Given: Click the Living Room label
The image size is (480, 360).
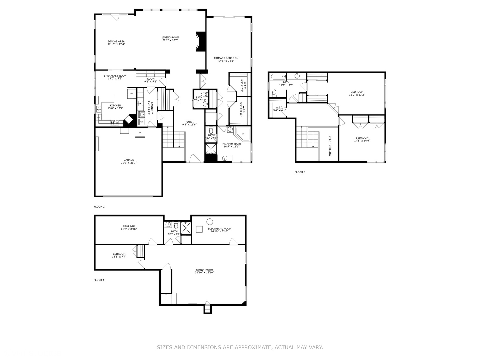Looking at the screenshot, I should click(x=170, y=38).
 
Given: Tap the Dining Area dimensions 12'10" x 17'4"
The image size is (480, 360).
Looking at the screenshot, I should click(x=116, y=44).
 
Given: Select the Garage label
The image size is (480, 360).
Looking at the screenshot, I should click(x=129, y=160).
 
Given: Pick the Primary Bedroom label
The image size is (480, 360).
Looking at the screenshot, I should click(x=226, y=58).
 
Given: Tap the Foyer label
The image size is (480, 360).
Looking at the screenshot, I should click(x=189, y=122).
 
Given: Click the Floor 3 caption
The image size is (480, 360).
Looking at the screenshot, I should click(x=300, y=172).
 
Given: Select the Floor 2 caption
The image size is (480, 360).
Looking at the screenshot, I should click(x=99, y=207).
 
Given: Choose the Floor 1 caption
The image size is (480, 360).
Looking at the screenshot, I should click(x=99, y=280).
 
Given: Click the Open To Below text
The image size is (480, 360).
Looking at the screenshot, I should click(x=330, y=146).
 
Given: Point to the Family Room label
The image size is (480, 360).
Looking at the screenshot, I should click(x=204, y=270).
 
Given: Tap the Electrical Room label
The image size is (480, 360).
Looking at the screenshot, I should click(x=219, y=229).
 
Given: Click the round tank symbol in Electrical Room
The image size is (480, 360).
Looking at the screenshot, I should click(x=210, y=221).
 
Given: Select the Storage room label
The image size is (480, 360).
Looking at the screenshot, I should click(x=129, y=226).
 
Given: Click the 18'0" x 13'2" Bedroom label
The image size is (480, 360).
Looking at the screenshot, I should click(x=357, y=92).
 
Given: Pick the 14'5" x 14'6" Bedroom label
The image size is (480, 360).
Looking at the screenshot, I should click(x=362, y=138).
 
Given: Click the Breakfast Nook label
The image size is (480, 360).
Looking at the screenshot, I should click(x=115, y=76).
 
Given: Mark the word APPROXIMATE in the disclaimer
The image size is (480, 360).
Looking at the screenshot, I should click(x=253, y=347).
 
